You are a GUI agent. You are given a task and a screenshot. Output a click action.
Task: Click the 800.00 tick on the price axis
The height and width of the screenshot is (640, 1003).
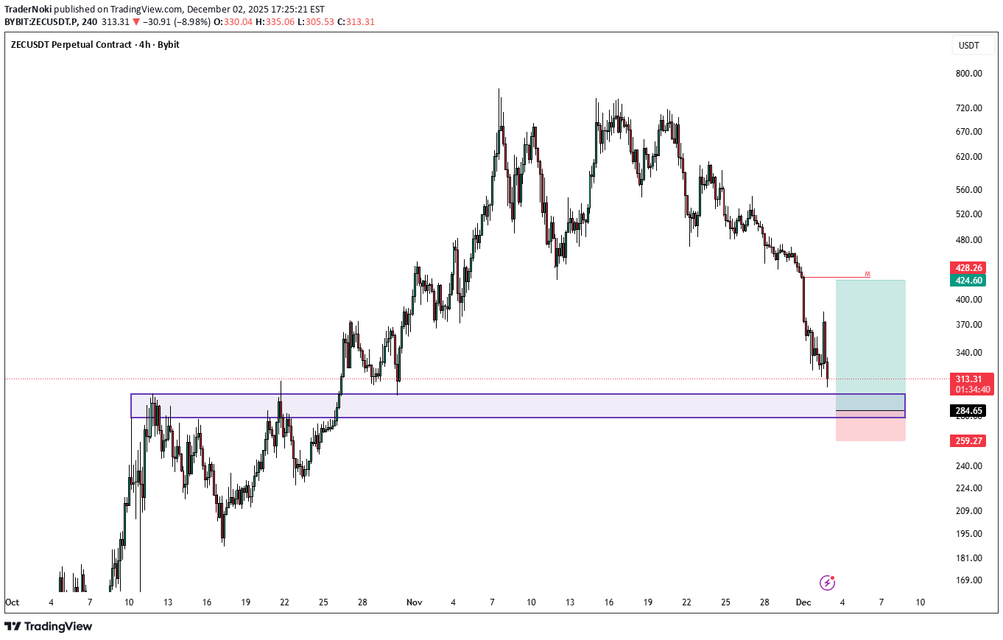click(968, 74)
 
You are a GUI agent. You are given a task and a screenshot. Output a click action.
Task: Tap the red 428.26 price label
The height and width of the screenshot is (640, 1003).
click(968, 267)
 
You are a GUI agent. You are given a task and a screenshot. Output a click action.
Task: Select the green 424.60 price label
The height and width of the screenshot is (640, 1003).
click(968, 280)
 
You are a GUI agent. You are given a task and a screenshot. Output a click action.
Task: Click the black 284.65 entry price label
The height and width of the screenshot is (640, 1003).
click(968, 410)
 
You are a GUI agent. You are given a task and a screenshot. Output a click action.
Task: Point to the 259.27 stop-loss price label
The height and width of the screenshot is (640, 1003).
click(968, 440)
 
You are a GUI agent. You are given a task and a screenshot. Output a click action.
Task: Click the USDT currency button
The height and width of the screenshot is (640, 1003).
click(968, 46)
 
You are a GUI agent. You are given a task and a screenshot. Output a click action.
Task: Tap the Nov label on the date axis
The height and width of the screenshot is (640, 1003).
click(414, 602)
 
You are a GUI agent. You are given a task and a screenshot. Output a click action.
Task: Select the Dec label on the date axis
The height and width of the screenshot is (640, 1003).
click(803, 602)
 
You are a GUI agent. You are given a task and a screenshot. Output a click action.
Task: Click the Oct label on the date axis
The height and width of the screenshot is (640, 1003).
click(12, 602)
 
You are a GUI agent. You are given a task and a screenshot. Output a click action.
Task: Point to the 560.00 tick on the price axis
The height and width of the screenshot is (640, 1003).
click(968, 189)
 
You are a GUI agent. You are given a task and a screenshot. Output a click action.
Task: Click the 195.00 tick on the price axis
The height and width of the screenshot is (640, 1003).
click(968, 533)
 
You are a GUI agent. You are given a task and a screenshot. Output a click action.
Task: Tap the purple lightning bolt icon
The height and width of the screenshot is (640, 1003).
click(828, 583)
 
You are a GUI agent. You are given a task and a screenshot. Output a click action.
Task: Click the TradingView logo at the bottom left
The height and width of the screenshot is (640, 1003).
click(49, 626)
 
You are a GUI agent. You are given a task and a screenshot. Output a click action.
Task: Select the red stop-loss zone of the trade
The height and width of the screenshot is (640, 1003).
click(870, 426)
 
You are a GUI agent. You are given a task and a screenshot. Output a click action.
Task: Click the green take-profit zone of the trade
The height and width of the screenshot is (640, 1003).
click(870, 335)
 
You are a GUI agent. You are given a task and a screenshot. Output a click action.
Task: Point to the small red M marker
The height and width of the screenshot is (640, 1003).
click(867, 274)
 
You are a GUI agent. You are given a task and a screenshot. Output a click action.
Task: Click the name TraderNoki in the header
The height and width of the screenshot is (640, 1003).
click(27, 10)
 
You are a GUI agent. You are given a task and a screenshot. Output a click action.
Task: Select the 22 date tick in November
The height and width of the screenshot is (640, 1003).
click(686, 602)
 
